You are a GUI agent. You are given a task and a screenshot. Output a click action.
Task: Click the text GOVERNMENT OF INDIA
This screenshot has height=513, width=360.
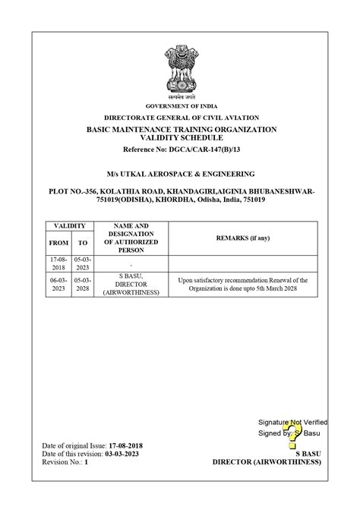[x=180, y=107]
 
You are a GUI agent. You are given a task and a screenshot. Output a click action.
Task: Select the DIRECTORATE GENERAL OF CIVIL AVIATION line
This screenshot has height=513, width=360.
[x=181, y=118]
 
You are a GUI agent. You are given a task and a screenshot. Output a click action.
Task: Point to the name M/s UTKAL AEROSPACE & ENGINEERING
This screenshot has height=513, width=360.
[x=180, y=174]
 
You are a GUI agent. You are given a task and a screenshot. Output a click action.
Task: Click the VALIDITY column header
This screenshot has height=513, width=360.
[x=71, y=226]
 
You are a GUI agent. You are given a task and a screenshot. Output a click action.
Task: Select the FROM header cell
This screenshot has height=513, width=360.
[x=58, y=243]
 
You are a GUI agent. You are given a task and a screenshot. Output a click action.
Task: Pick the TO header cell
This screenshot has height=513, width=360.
[x=83, y=243]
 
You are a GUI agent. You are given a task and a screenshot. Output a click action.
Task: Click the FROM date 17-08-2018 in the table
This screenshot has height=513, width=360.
[x=58, y=263]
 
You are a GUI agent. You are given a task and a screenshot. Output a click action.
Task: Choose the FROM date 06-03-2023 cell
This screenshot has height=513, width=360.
[x=58, y=284]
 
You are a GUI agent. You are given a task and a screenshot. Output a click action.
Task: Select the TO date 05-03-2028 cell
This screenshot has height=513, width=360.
[x=83, y=284]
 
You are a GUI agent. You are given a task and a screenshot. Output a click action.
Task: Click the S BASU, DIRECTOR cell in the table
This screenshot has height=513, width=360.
[x=131, y=284]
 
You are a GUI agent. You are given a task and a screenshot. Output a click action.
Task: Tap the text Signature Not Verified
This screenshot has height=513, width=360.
[x=292, y=421]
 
